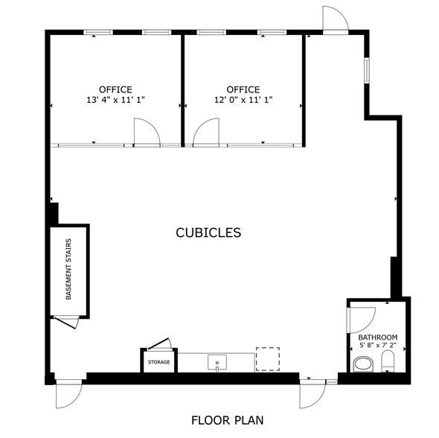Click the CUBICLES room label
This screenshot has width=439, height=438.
coord(208,232)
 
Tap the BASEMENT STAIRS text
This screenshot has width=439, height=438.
coord(68,269)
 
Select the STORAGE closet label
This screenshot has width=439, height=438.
coord(158,362)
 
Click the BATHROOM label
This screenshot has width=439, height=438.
coord(378,337)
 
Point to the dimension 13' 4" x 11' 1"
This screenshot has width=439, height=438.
coord(115,100)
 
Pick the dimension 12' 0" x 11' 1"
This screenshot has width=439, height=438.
coord(243,100)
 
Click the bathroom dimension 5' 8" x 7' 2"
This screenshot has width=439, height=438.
coord(378,345)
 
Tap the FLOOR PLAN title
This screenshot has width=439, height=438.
coord(228,420)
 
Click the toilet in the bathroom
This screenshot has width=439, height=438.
coord(388,361)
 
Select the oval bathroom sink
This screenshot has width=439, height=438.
coord(363,364)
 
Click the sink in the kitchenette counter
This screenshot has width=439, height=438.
coord(217,363)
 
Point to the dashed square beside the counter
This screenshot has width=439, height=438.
coord(268,359)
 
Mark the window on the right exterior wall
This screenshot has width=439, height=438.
coord(367,70)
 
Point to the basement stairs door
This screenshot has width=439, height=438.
coord(65,323)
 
